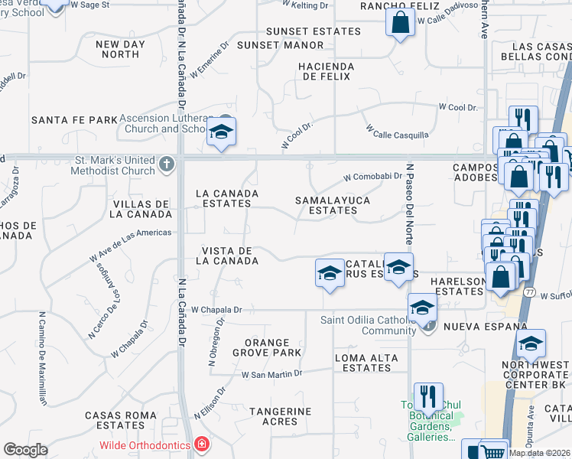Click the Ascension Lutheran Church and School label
166,123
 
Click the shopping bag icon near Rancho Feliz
401,24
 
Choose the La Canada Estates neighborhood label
224,198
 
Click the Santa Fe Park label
74,120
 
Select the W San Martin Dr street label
271,374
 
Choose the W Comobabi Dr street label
372,176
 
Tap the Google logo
25,450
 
